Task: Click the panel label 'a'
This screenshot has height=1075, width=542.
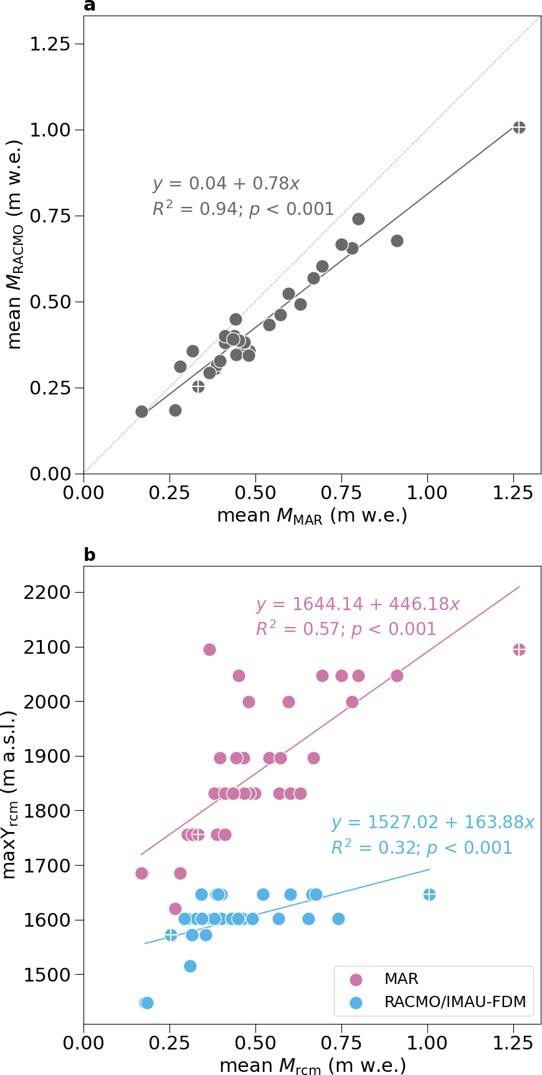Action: pos(90,6)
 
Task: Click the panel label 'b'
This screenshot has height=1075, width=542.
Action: pos(90,555)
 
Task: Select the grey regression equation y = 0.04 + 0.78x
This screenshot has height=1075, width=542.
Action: pos(226,184)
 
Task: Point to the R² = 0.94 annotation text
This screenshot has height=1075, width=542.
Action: pos(243,209)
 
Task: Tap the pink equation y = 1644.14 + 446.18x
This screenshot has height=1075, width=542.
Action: pos(358,604)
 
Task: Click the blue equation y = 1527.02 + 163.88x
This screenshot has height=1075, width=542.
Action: pos(432,823)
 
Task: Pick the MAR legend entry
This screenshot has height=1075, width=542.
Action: pos(401,978)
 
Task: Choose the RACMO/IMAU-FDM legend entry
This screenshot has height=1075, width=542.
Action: pos(455,1001)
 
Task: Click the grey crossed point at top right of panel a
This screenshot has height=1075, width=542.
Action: pos(519,127)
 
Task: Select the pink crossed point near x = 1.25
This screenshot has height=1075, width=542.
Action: pos(519,649)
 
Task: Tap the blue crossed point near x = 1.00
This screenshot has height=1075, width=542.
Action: pos(429,894)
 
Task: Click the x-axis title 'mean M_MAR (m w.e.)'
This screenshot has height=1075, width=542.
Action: pos(312,516)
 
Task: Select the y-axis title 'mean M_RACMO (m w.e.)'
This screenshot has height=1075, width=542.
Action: pos(15,244)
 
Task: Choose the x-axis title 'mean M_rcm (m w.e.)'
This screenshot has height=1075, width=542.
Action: pos(312,1066)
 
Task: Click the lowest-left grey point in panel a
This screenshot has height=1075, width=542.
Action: pos(141,411)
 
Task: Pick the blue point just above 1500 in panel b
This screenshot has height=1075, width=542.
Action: pos(190,966)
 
